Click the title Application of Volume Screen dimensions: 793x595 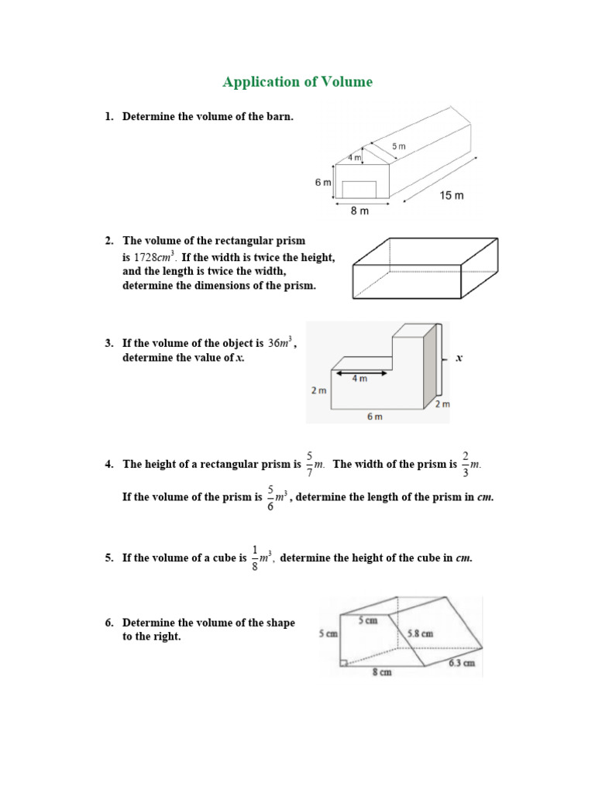pos(297,82)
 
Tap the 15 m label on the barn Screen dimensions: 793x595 pos(452,196)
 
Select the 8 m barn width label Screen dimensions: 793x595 pos(359,211)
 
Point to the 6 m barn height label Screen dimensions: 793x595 pos(322,182)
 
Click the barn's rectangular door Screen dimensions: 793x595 pos(359,189)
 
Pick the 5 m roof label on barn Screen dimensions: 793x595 pos(398,146)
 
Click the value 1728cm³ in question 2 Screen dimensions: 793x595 pos(155,257)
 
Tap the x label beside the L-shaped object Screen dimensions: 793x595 pos(459,359)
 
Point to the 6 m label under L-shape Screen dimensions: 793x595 pos(374,417)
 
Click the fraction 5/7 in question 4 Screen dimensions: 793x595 pos(309,465)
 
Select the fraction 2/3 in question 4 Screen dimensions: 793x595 pos(465,465)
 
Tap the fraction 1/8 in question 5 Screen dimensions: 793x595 pos(255,558)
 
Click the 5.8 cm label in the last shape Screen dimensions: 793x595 pos(420,633)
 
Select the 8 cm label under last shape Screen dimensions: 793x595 pos(380,673)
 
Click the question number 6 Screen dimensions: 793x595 pos(109,623)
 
